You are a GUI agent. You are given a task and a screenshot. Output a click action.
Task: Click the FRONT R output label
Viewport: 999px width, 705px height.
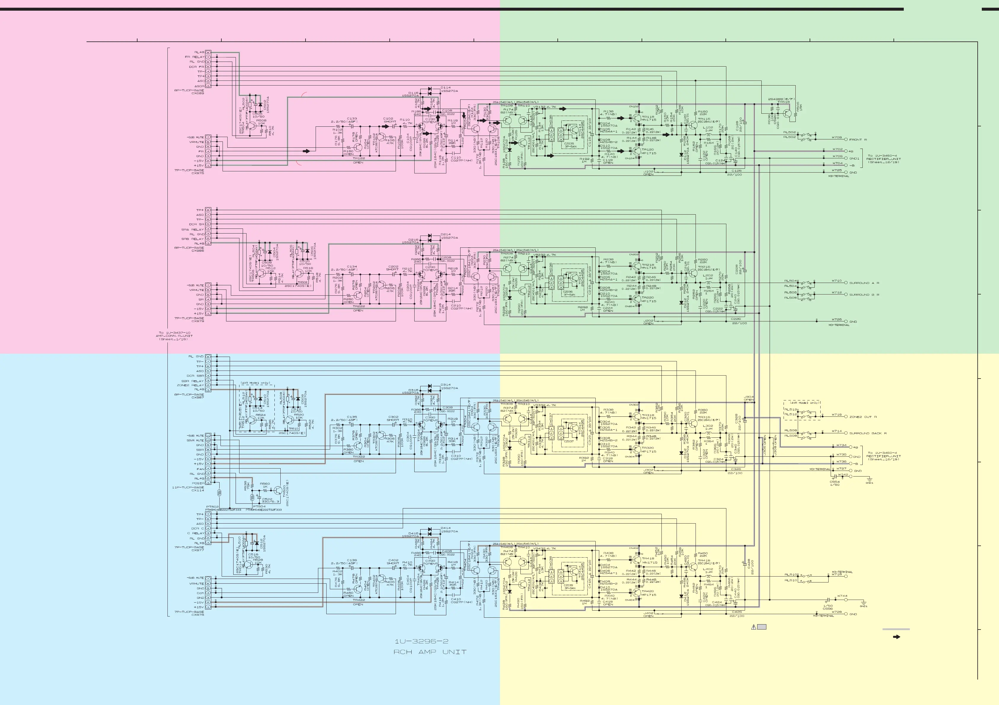pyautogui.click(x=858, y=139)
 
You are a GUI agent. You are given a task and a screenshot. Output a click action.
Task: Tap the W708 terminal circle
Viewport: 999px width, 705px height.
pyautogui.click(x=846, y=139)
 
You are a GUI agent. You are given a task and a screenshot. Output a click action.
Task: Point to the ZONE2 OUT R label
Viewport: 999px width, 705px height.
pyautogui.click(x=863, y=417)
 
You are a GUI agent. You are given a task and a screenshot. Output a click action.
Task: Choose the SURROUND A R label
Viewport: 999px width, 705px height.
pyautogui.click(x=864, y=283)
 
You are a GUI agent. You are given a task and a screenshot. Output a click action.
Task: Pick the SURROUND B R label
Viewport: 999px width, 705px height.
pyautogui.click(x=864, y=295)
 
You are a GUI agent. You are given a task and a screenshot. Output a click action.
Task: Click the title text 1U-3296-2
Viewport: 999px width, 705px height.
pyautogui.click(x=421, y=641)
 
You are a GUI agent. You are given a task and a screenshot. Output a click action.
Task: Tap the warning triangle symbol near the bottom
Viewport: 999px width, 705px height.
pyautogui.click(x=754, y=627)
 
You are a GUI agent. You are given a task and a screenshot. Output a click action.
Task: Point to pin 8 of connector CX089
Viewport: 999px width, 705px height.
pyautogui.click(x=208, y=52)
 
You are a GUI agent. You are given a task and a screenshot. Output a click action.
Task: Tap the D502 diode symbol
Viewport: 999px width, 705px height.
pyautogui.click(x=260, y=105)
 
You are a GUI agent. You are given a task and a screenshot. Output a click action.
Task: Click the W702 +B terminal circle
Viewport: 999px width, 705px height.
pyautogui.click(x=846, y=151)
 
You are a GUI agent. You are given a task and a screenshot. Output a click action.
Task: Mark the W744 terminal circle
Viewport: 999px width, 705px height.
pyautogui.click(x=846, y=600)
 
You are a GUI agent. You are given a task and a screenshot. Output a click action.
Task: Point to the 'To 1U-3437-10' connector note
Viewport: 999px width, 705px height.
pyautogui.click(x=174, y=336)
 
